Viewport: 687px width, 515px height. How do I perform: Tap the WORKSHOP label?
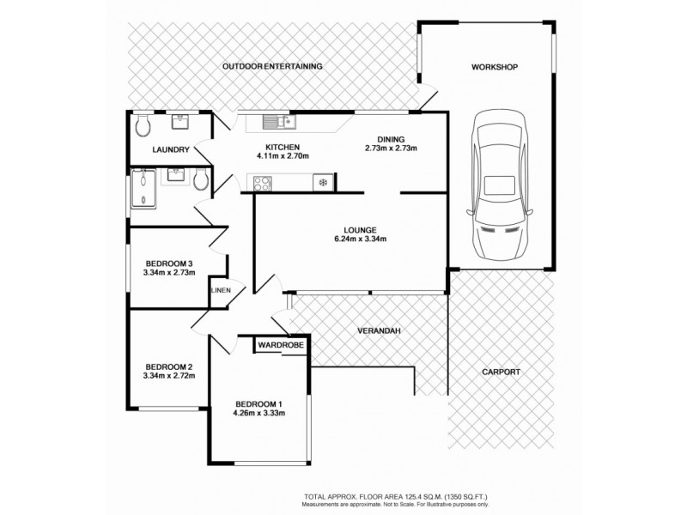[495, 66]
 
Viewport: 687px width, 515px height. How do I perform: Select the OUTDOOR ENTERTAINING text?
[271, 66]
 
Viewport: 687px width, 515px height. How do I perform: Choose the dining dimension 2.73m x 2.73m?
[391, 148]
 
